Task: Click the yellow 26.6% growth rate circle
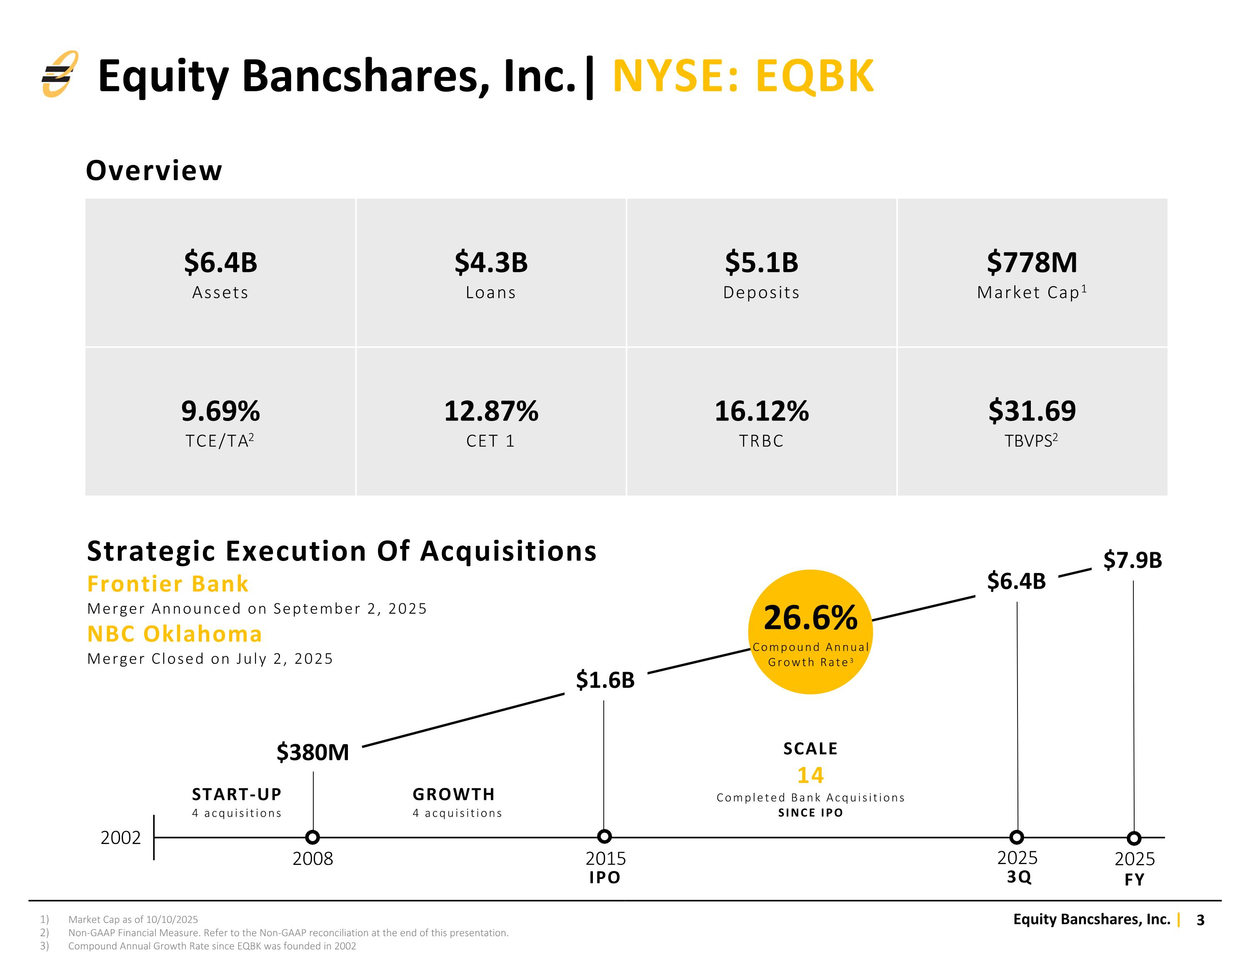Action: point(810,632)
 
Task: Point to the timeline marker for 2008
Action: point(312,837)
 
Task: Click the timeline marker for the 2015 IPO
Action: point(605,837)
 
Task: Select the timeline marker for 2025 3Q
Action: point(1017,837)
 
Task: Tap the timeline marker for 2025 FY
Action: point(1134,838)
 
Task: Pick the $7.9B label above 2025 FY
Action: point(1132,560)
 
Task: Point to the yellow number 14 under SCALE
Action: point(810,775)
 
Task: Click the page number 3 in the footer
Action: point(1201,920)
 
